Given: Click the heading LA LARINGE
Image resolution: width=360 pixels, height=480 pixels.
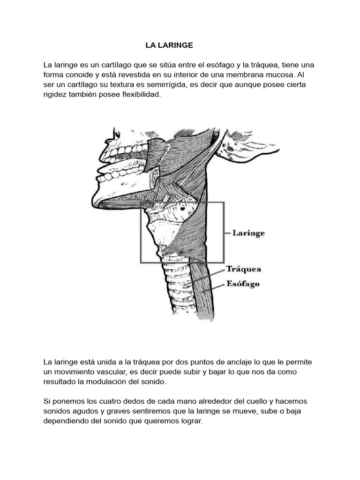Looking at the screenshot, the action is pos(169,45).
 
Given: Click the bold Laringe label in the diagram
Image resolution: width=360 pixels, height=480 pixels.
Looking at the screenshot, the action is pos(248,232).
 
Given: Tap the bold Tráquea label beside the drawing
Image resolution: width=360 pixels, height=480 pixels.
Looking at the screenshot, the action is pos(244,270).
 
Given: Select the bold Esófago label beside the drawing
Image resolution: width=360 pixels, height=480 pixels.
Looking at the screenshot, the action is pos(243,284).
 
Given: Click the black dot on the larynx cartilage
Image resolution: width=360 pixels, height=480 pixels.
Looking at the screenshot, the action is pos(182,208).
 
